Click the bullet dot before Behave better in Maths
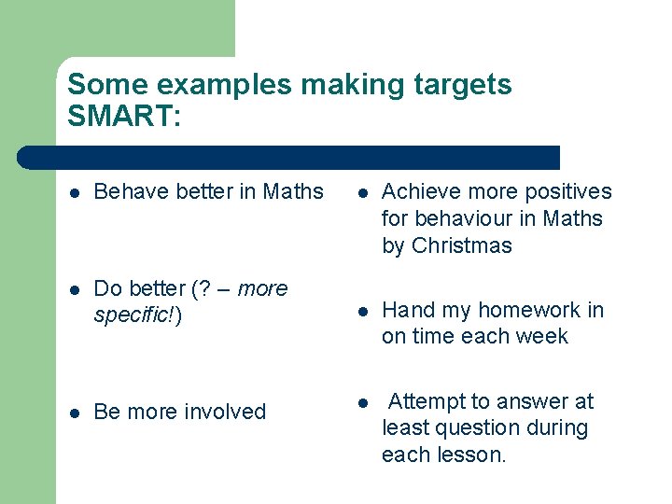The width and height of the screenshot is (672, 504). click(75, 193)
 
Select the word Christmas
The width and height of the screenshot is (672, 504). click(461, 246)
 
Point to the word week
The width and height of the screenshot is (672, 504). click(546, 337)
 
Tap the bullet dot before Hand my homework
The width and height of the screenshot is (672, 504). click(362, 311)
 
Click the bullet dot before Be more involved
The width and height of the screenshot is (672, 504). click(75, 413)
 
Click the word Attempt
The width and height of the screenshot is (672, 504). click(426, 401)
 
